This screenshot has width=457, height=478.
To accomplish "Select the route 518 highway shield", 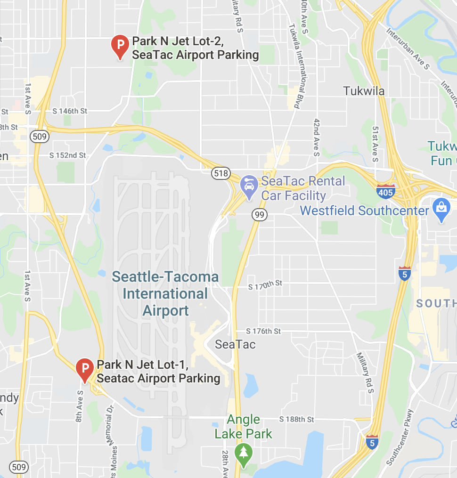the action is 220,173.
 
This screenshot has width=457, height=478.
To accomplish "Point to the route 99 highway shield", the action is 260,215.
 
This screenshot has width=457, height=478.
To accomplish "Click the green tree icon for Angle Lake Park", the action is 244,454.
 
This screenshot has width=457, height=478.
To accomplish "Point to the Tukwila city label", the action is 364,91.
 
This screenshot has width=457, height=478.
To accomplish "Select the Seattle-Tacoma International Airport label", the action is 165,293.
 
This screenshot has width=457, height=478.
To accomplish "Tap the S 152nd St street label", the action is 68,155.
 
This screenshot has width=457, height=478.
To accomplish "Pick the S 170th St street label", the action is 265,285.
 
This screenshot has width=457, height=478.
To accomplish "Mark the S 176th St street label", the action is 263,331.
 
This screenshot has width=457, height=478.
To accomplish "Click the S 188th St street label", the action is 296,419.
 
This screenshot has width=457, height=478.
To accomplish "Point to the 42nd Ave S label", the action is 316,137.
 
